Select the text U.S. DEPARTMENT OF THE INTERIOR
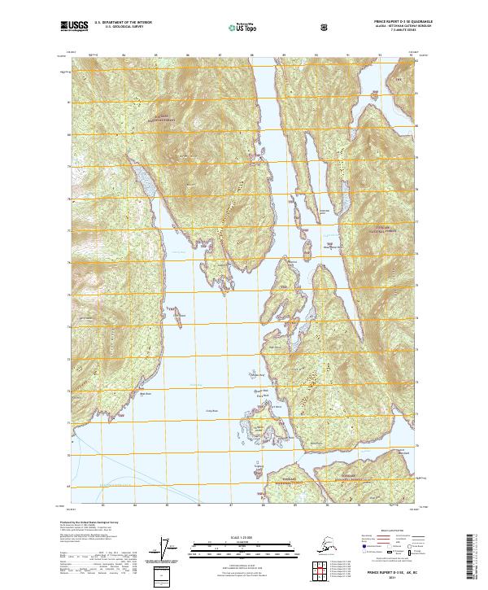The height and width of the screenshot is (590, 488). pyautogui.click(x=123, y=24)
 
